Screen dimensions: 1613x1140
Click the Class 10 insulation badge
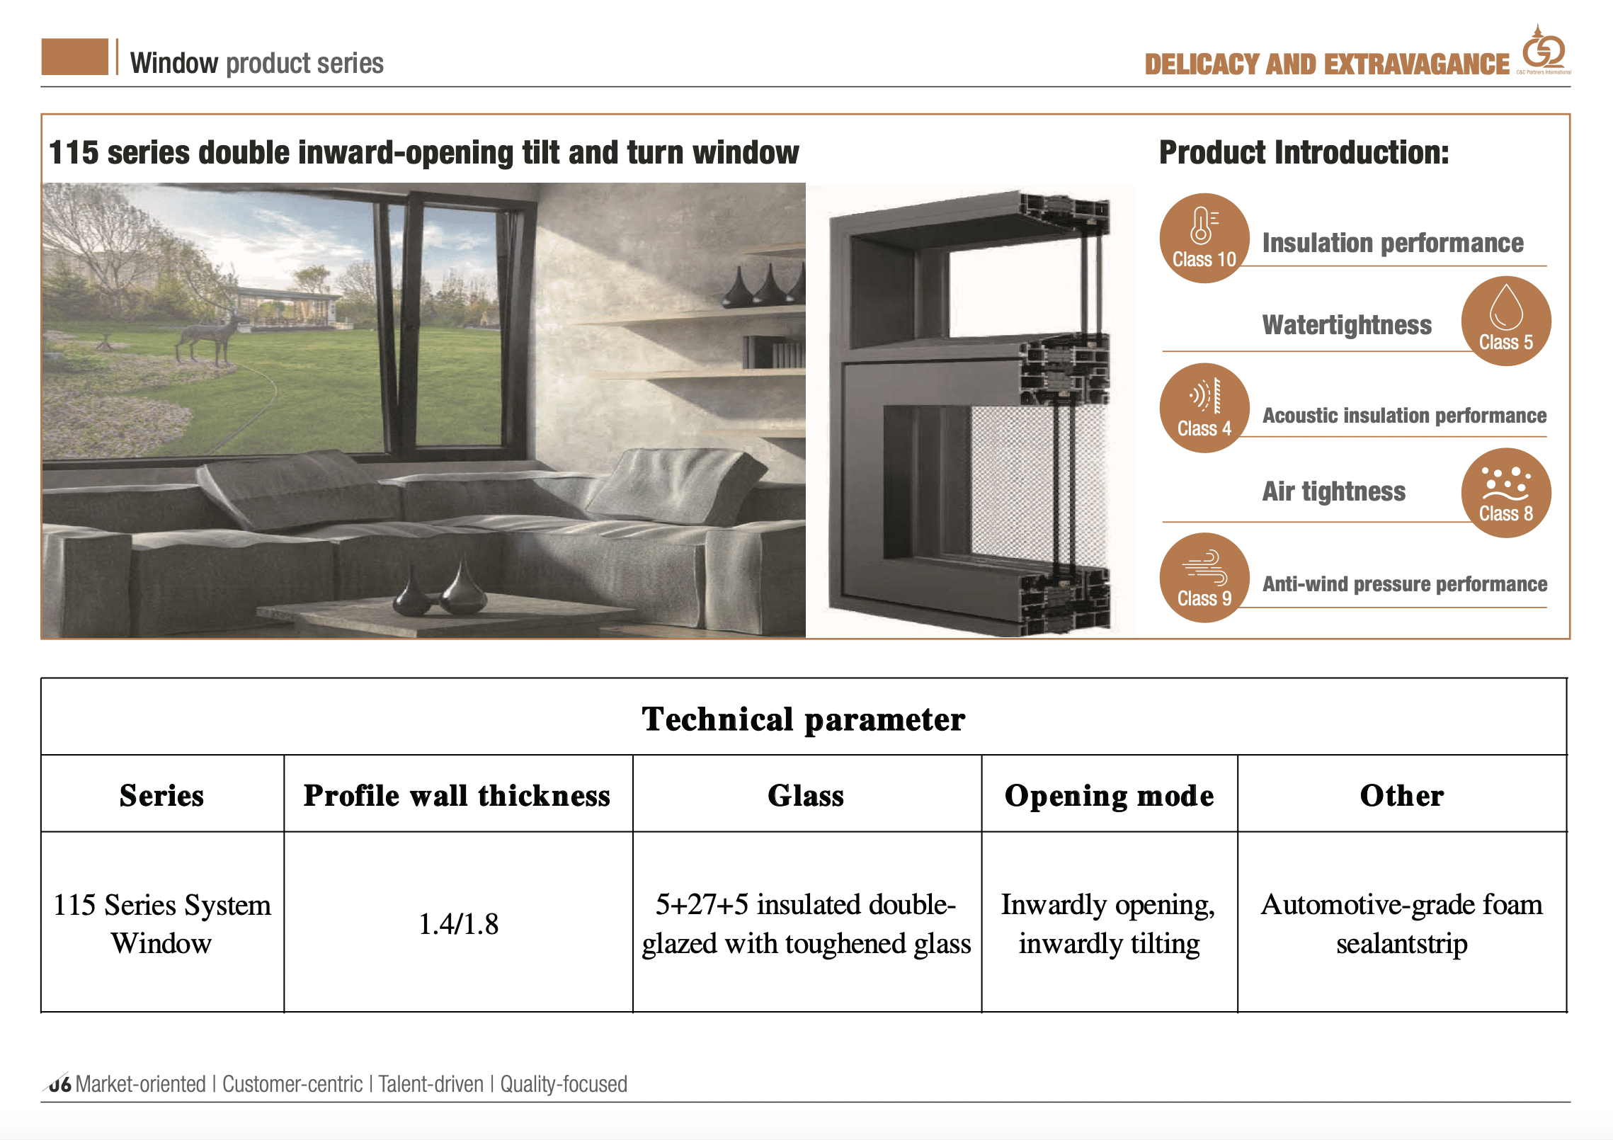1204,238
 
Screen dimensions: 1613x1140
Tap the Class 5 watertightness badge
1506,321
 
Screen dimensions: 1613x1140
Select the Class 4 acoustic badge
1204,408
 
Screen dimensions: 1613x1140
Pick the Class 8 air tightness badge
1506,493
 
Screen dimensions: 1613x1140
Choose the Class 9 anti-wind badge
1204,578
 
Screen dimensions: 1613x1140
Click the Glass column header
806,794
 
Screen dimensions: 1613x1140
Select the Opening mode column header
1109,794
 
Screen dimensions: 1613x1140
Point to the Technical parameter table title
804,719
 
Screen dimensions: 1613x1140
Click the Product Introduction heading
1304,152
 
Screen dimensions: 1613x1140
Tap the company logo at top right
1544,50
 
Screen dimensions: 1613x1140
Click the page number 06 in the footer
59,1084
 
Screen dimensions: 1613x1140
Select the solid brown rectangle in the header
75,57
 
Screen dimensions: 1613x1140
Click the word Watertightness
1347,325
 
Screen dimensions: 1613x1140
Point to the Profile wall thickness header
457,794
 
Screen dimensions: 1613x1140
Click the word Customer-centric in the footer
292,1084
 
